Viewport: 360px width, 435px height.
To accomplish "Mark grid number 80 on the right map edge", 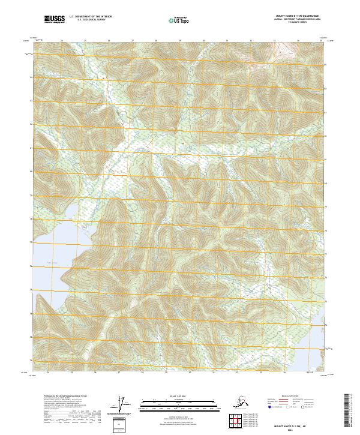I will [326, 184].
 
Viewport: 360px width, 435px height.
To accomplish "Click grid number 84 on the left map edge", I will [30, 77].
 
